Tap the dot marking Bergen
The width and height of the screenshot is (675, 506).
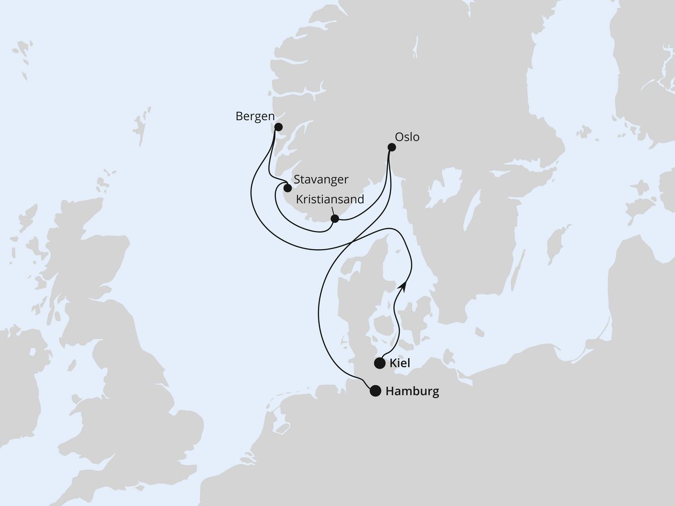pos(278,127)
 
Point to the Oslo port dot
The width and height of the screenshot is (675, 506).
pos(391,148)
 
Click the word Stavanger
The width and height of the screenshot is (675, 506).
pos(322,180)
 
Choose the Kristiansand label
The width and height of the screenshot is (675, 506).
pos(330,200)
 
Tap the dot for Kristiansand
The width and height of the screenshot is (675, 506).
pos(334,219)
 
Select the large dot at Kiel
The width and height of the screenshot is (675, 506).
pos(379,363)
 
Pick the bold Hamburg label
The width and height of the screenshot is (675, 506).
pos(412,392)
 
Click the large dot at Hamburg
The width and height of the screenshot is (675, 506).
pos(375,391)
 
